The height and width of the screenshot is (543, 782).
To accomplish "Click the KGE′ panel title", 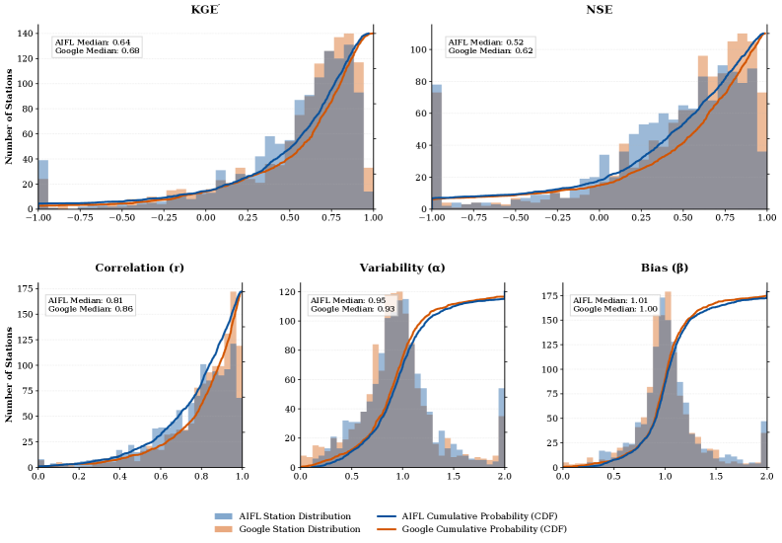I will point(205,10).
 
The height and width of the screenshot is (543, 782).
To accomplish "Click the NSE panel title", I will point(599,10).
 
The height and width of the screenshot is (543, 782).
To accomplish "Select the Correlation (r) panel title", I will point(139,268).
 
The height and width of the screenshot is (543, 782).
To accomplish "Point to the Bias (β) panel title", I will point(665,268).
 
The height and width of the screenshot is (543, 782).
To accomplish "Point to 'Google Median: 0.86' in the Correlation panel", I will point(90,309).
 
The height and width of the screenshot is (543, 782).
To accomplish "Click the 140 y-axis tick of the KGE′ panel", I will point(24,32).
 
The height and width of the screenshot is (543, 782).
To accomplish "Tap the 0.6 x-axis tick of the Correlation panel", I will point(160,477).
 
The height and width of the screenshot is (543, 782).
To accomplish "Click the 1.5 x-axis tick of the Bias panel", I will point(715,477).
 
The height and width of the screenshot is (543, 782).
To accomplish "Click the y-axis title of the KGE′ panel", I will point(9,120).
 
